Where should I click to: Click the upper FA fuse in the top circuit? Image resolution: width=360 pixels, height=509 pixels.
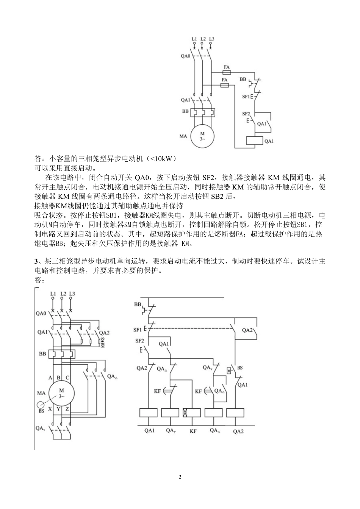pyautogui.click(x=226, y=71)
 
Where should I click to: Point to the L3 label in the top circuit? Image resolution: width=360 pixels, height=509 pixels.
pyautogui.click(x=211, y=39)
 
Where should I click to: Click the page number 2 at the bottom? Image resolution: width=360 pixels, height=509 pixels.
pyautogui.click(x=180, y=477)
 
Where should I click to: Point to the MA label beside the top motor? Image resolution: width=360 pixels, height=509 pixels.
pyautogui.click(x=183, y=136)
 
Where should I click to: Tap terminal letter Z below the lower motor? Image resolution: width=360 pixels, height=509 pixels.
pyautogui.click(x=68, y=409)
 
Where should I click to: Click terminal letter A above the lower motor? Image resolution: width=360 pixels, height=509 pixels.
pyautogui.click(x=50, y=378)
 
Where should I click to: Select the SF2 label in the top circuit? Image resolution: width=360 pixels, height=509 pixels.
pyautogui.click(x=246, y=114)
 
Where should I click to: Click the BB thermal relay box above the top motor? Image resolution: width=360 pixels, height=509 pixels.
pyautogui.click(x=202, y=112)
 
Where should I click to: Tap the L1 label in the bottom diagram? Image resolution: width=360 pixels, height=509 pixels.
pyautogui.click(x=53, y=294)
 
